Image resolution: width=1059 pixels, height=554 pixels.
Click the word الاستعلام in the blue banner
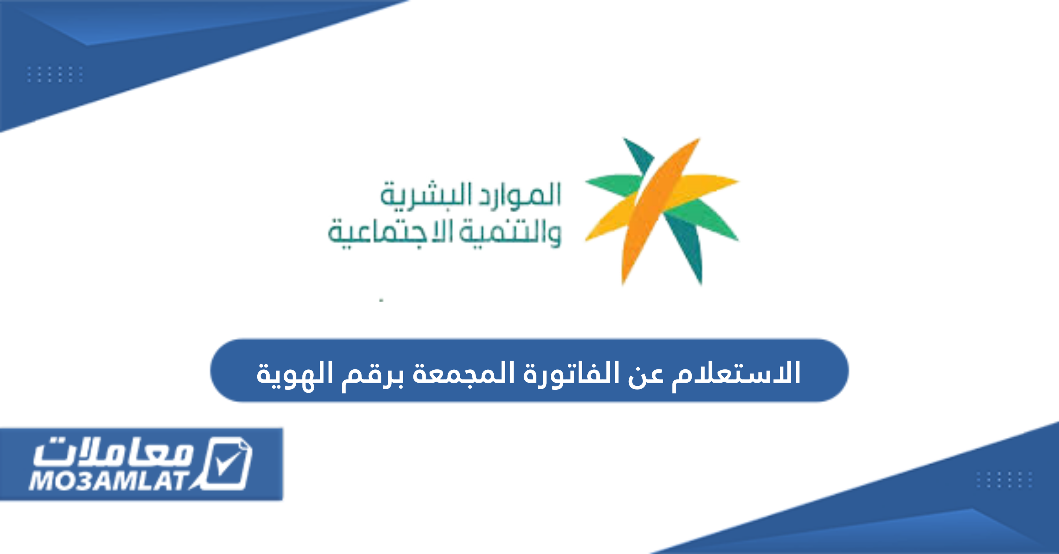coord(736,373)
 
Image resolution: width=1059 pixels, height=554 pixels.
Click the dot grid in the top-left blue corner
coord(55,74)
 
